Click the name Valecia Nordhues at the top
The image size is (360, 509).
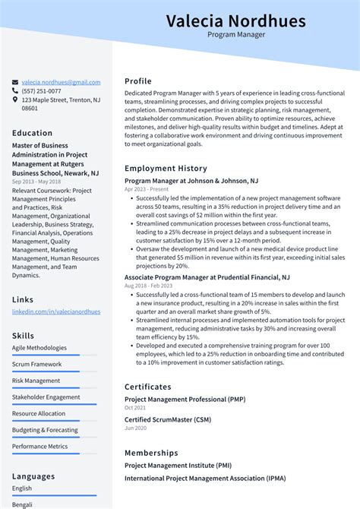(x=235, y=21)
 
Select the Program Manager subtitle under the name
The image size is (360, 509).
(x=235, y=35)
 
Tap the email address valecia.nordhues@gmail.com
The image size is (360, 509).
(x=61, y=82)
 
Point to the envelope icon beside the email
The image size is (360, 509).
(x=15, y=82)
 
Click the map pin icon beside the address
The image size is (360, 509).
(x=15, y=100)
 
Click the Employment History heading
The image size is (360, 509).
(x=166, y=168)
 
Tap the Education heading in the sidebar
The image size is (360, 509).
(x=32, y=133)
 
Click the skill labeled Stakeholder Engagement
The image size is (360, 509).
(x=46, y=397)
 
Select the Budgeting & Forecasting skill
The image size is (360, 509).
(x=45, y=430)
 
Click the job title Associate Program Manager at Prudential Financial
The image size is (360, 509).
(x=207, y=278)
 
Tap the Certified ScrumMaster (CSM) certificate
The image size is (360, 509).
(x=168, y=420)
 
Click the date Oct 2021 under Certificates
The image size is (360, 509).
(x=134, y=407)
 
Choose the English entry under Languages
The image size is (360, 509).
(x=22, y=488)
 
